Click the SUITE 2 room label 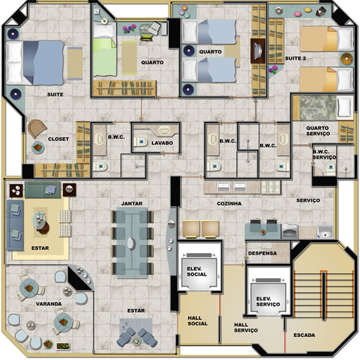pyautogui.click(x=295, y=58)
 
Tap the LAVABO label pyautogui.click(x=162, y=143)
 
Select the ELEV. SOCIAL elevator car pyautogui.click(x=199, y=272)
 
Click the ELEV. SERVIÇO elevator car pyautogui.click(x=268, y=298)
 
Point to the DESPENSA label pyautogui.click(x=262, y=253)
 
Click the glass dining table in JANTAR pyautogui.click(x=132, y=243)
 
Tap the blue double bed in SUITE pyautogui.click(x=35, y=62)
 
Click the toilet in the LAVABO pyautogui.click(x=141, y=142)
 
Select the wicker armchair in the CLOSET pyautogui.click(x=36, y=128)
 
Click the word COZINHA pyautogui.click(x=229, y=204)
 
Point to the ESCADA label pyautogui.click(x=304, y=335)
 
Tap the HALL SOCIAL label pyautogui.click(x=198, y=321)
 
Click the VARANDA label pyautogui.click(x=48, y=304)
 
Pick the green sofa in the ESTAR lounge pyautogui.click(x=43, y=190)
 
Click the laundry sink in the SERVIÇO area pyautogui.click(x=325, y=232)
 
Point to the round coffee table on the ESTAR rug pyautogui.click(x=40, y=223)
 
